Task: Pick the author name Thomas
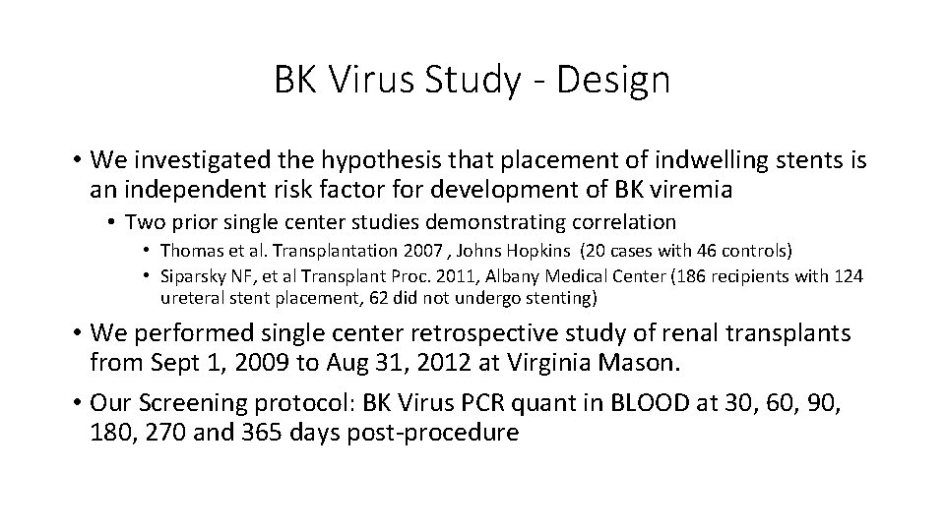[x=190, y=251]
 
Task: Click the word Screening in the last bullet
[x=190, y=404]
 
